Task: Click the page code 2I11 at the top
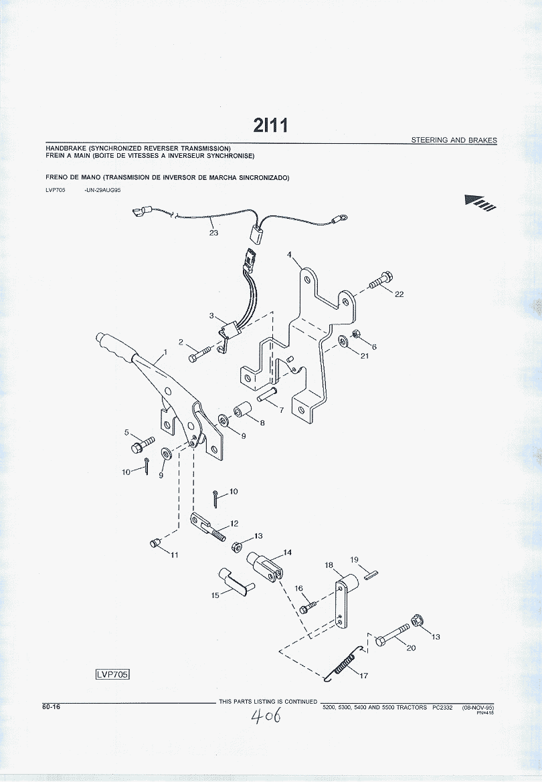tap(270, 125)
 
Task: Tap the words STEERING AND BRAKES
tap(454, 140)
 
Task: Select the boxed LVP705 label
tap(112, 674)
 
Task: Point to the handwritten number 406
tap(266, 718)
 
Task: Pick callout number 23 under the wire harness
tap(213, 233)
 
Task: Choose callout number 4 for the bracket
tap(289, 255)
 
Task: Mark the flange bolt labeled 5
tap(143, 443)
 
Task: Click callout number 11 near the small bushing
tap(174, 555)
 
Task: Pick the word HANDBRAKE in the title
tap(66, 148)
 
